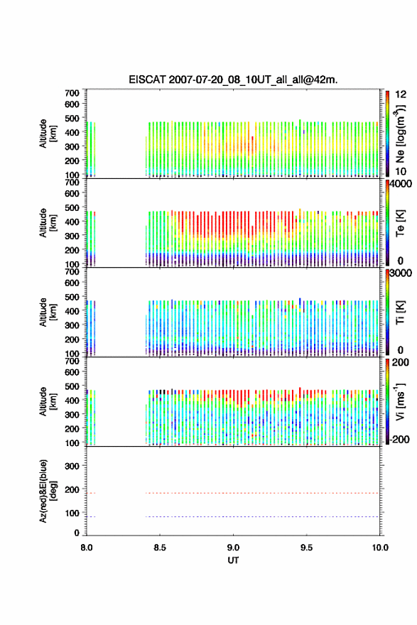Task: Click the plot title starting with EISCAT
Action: click(x=233, y=80)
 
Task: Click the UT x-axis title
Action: click(x=233, y=560)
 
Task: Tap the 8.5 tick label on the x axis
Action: click(x=160, y=548)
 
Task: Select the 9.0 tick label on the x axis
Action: click(x=233, y=548)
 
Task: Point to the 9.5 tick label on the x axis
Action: click(x=307, y=548)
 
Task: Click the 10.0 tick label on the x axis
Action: click(x=380, y=548)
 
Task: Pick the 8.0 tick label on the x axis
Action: click(x=87, y=548)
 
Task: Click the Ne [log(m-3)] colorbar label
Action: click(x=400, y=134)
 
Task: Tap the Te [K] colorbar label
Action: click(x=400, y=223)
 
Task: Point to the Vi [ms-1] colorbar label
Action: click(x=400, y=401)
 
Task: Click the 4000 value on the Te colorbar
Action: click(x=401, y=184)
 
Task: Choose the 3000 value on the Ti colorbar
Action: click(x=401, y=273)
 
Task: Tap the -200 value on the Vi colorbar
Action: click(x=399, y=439)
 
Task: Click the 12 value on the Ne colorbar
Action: click(x=401, y=94)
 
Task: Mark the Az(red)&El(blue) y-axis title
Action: click(x=48, y=491)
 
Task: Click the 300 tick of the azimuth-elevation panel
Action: click(x=72, y=466)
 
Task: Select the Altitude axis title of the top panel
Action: click(x=48, y=134)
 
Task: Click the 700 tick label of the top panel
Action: click(x=72, y=93)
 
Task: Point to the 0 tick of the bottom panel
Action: click(x=77, y=533)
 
